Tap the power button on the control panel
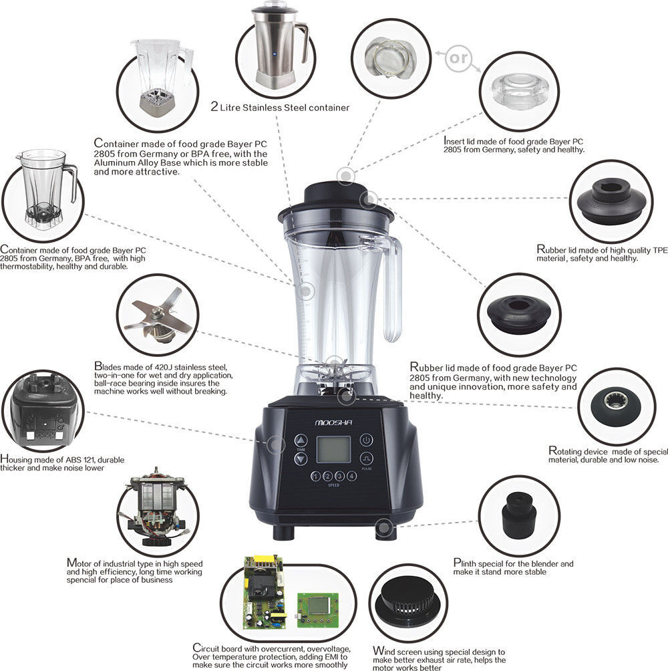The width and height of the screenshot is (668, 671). [365, 440]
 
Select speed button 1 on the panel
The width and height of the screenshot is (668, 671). [315, 477]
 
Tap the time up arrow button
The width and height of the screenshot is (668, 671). [301, 441]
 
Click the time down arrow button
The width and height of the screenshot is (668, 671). [301, 459]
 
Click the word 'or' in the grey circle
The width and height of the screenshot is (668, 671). [459, 57]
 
